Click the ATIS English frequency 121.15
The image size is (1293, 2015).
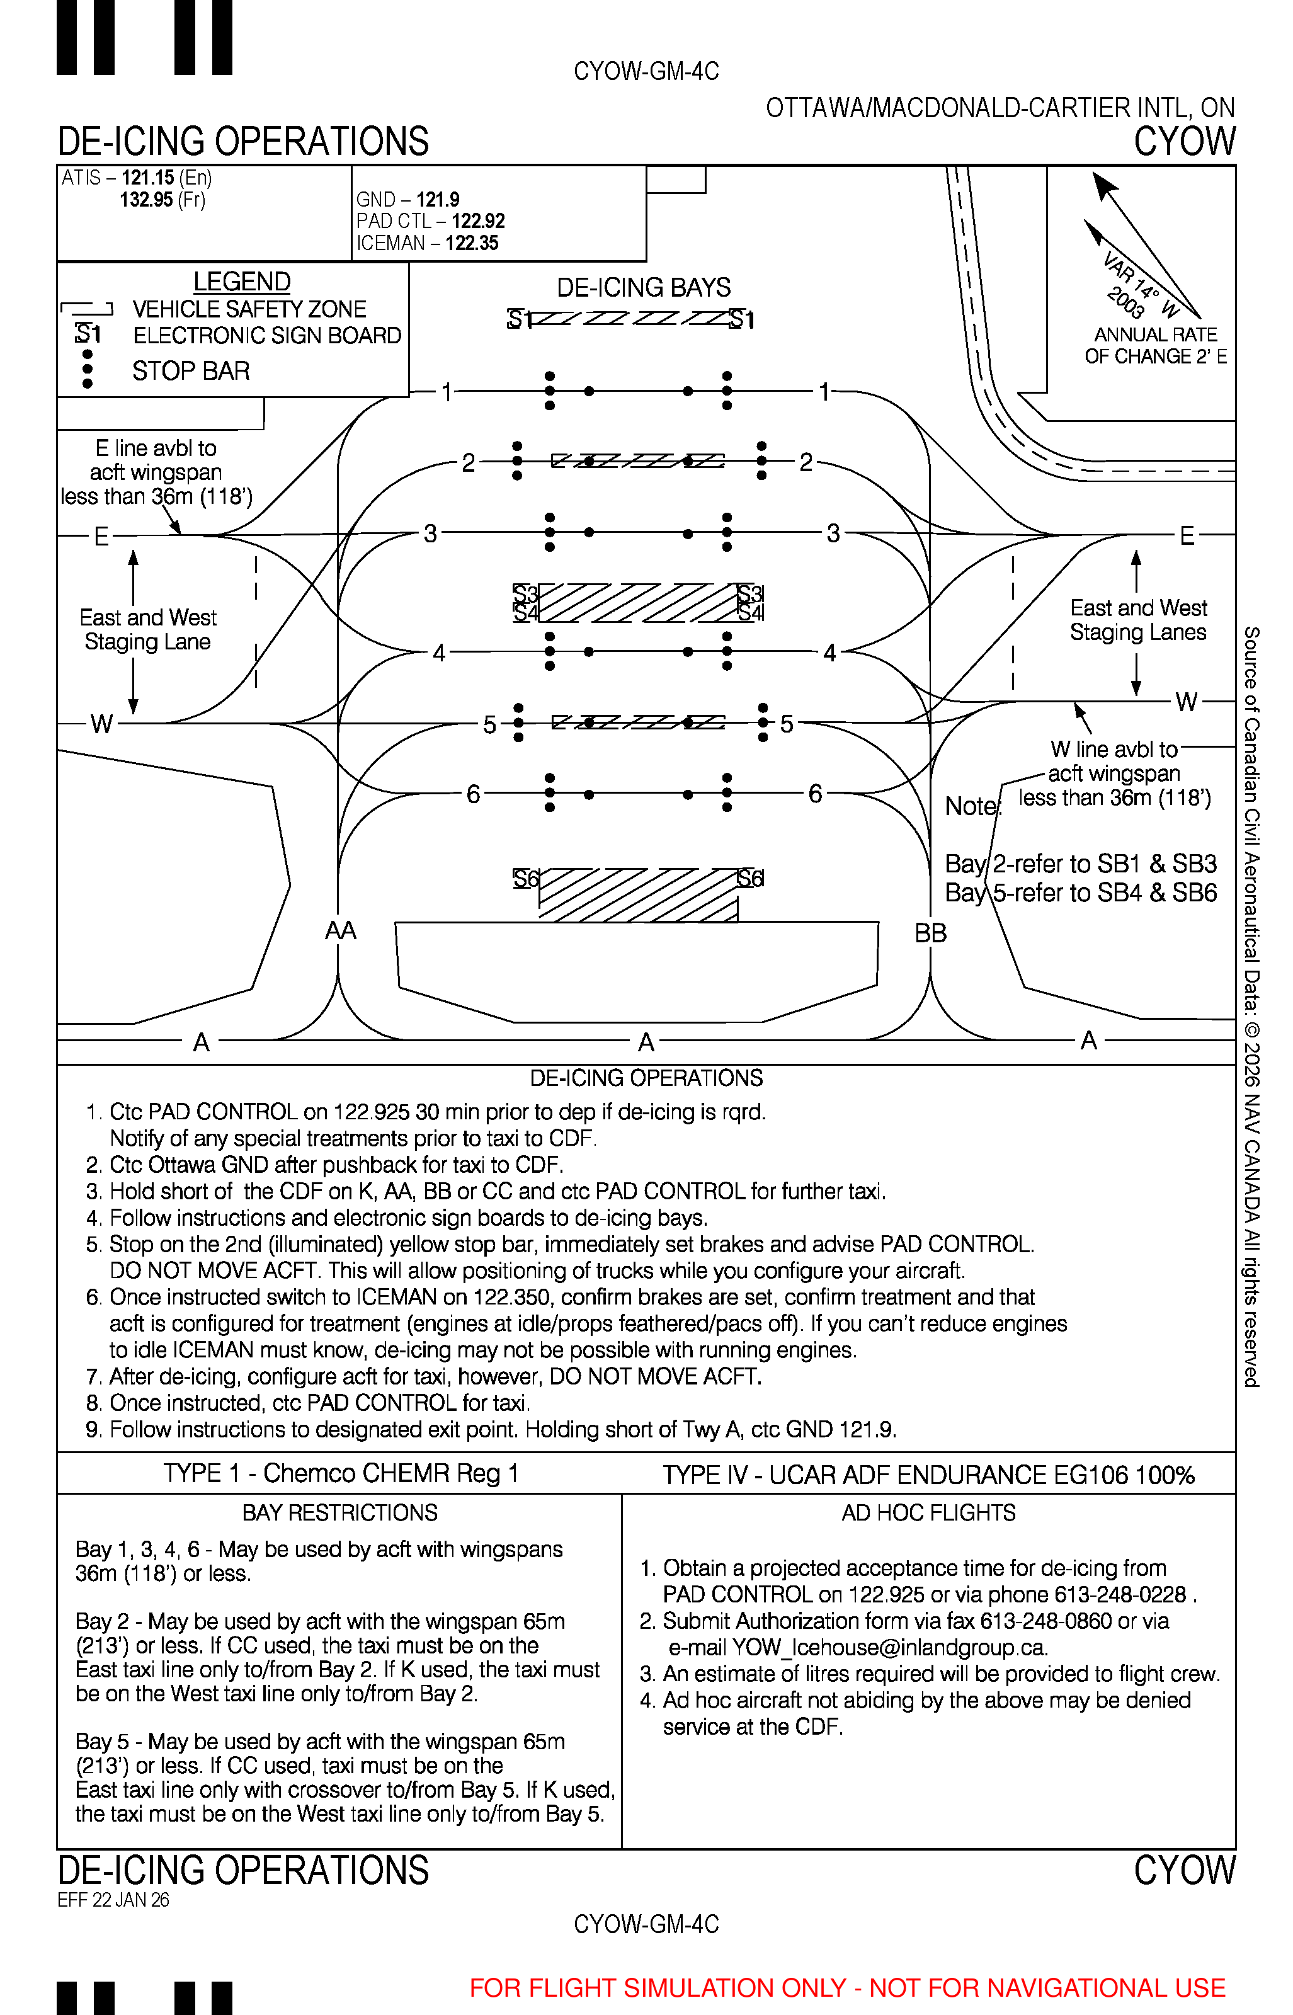click(148, 178)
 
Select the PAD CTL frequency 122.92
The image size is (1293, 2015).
click(478, 221)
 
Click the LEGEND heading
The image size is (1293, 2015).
click(242, 282)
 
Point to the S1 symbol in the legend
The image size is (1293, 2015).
click(88, 334)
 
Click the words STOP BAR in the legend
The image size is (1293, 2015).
click(191, 371)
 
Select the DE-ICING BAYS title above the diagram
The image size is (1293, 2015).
click(644, 287)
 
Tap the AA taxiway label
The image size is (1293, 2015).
click(341, 930)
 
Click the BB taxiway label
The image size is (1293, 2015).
click(930, 933)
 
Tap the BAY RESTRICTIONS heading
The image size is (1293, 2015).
click(340, 1513)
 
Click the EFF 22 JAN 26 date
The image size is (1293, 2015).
click(113, 1900)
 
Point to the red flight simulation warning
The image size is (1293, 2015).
click(848, 1987)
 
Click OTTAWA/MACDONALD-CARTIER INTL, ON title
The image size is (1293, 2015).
click(1001, 108)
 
